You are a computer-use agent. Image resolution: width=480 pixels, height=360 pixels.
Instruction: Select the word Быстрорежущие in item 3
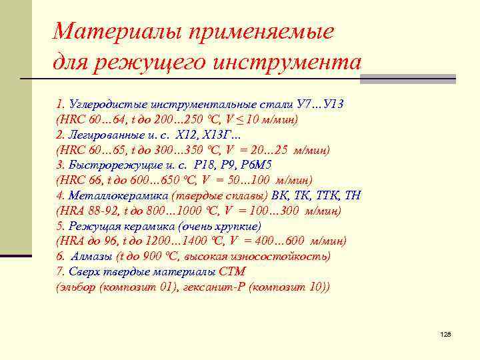(111, 165)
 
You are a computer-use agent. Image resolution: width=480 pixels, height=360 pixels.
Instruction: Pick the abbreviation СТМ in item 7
(233, 272)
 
